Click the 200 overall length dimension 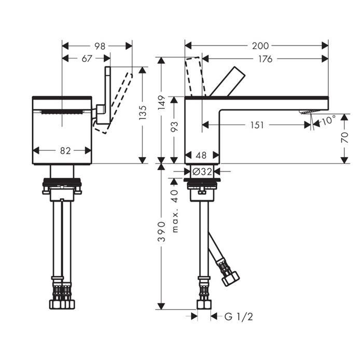pyautogui.click(x=260, y=46)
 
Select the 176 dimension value pyautogui.click(x=266, y=59)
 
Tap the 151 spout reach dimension pyautogui.click(x=257, y=125)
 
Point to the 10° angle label pyautogui.click(x=329, y=120)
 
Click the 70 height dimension pyautogui.click(x=345, y=137)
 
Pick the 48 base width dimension pyautogui.click(x=201, y=156)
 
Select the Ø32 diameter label pyautogui.click(x=202, y=172)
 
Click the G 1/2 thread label pyautogui.click(x=239, y=316)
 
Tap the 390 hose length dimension pyautogui.click(x=161, y=231)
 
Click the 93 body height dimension pyautogui.click(x=174, y=127)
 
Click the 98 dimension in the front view pyautogui.click(x=100, y=46)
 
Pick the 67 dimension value pyautogui.click(x=87, y=59)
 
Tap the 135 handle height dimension pyautogui.click(x=143, y=113)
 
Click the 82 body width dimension pyautogui.click(x=65, y=151)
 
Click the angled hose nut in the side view pyautogui.click(x=230, y=278)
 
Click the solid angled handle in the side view pyautogui.click(x=227, y=81)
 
